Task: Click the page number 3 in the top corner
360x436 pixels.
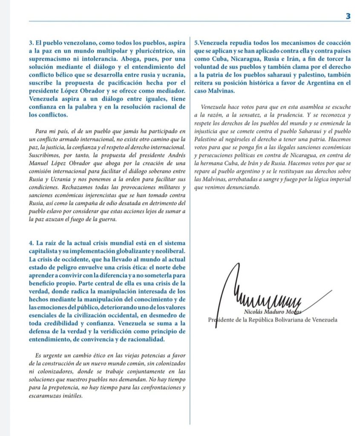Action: (x=348, y=16)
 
